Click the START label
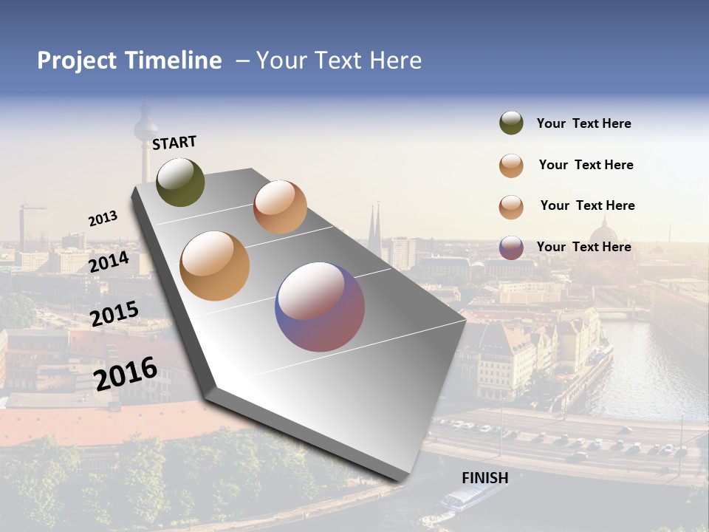(x=174, y=143)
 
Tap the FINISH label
(x=484, y=478)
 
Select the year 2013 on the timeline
(x=103, y=219)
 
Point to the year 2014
(x=109, y=262)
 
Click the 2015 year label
(x=114, y=314)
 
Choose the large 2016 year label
(x=126, y=374)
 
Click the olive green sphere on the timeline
(x=181, y=182)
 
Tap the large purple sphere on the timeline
(x=320, y=307)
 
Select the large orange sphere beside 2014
(x=214, y=266)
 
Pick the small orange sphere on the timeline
(x=280, y=206)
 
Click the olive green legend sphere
(x=511, y=123)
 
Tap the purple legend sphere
(x=511, y=248)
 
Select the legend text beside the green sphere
(x=583, y=124)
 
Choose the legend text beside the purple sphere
(x=583, y=247)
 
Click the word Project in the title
(x=78, y=61)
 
